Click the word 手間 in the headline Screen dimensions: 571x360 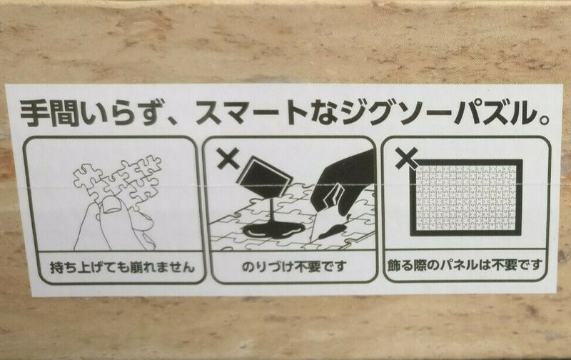tap(50, 112)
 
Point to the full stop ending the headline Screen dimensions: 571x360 tap(543, 119)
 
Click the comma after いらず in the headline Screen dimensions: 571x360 tap(171, 120)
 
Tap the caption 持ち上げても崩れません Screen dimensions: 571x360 tap(122, 268)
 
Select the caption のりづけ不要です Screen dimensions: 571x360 tap(293, 267)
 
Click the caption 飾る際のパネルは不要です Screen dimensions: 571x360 tap(465, 266)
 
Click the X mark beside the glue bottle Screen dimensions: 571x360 tap(228, 158)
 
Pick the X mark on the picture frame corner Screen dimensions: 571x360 tap(406, 159)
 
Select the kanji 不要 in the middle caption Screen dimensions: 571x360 tap(307, 267)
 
